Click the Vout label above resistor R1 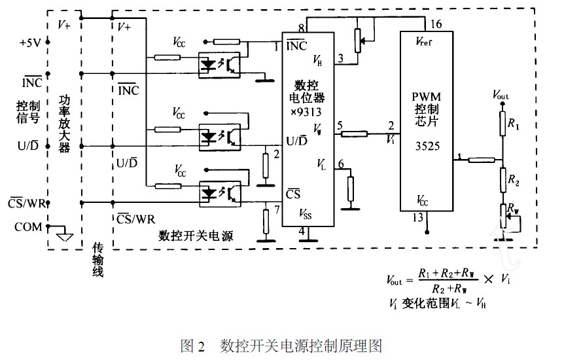click(501, 96)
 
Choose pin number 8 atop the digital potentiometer click(301, 27)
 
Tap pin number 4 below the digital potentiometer click(301, 231)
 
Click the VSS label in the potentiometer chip click(306, 213)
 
